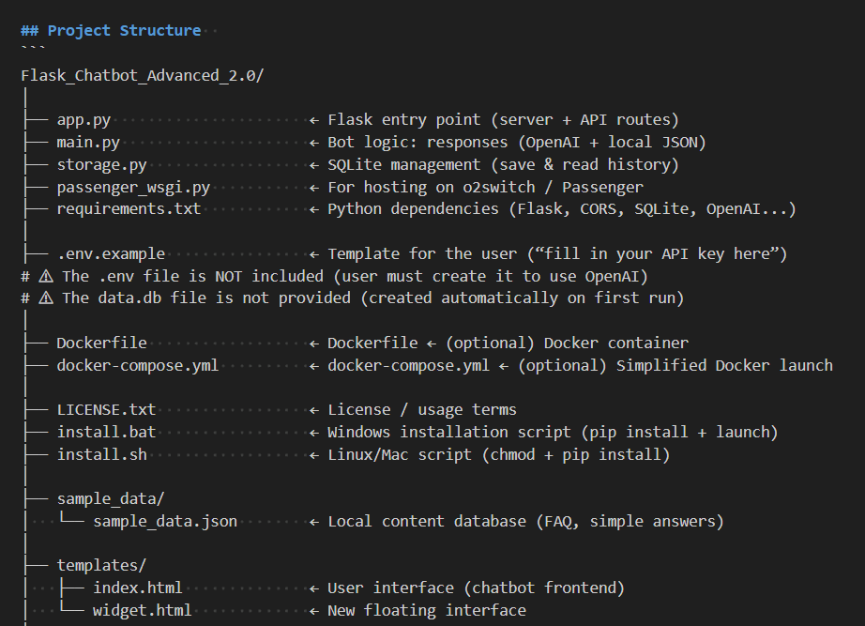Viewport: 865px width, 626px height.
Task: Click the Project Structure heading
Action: [x=124, y=30]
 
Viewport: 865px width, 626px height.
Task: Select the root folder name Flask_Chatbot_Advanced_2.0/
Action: [x=142, y=75]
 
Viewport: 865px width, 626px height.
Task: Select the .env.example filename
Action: [x=111, y=253]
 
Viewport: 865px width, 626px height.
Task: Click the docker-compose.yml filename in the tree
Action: [x=137, y=365]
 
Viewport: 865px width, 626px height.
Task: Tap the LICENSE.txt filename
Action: [x=106, y=409]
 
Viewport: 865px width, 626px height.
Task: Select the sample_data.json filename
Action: [x=165, y=521]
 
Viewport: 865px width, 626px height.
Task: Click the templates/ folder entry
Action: [x=101, y=566]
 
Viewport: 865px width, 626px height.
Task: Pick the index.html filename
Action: [x=137, y=588]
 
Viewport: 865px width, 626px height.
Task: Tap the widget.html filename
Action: [x=142, y=610]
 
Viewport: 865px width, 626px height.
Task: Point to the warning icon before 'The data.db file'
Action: [x=45, y=298]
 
